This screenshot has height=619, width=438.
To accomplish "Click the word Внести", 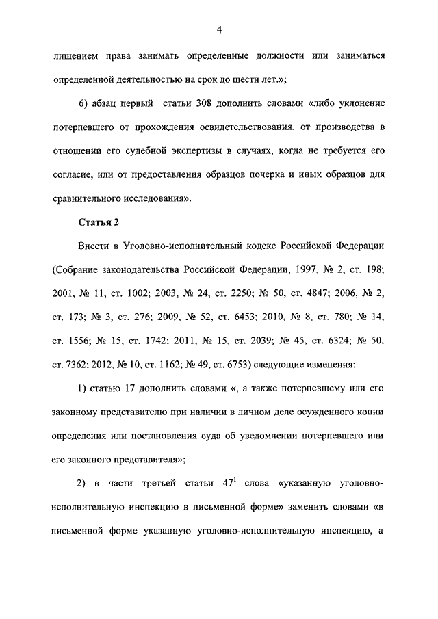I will point(95,246).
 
